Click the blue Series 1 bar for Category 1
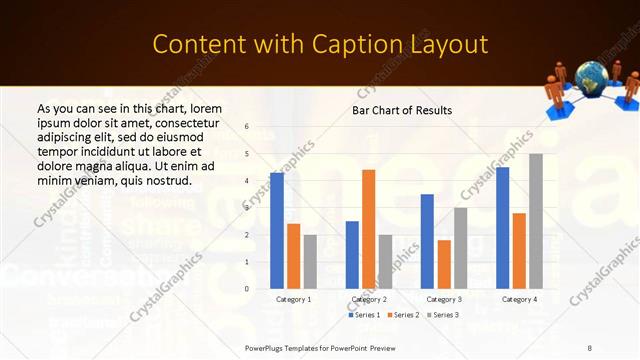(x=276, y=231)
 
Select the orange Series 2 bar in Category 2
(x=368, y=229)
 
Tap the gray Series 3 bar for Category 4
(x=536, y=221)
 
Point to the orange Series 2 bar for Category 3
(x=444, y=264)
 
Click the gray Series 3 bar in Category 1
(x=310, y=262)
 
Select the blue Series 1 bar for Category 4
(x=502, y=228)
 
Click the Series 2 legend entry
(x=402, y=315)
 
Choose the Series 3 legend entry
(x=443, y=315)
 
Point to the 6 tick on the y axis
(x=247, y=127)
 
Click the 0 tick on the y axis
(x=247, y=289)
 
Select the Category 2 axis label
(x=369, y=299)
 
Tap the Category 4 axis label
(x=519, y=299)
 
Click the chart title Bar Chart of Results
(x=402, y=110)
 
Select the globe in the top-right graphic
(x=589, y=78)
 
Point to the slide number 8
(x=589, y=347)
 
